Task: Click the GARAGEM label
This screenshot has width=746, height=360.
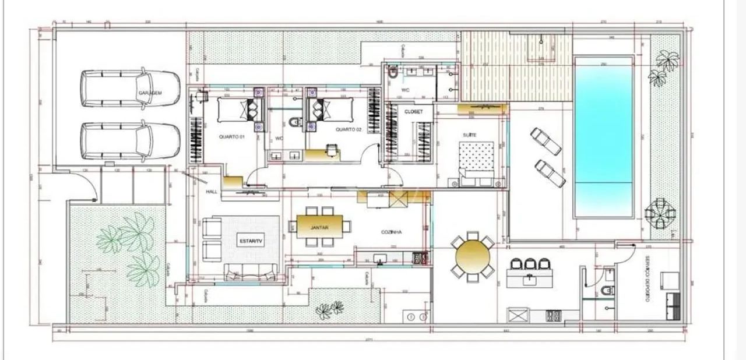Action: tap(150, 93)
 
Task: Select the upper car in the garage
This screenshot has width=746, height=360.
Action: tap(130, 89)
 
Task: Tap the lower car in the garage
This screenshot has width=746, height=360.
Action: tap(130, 141)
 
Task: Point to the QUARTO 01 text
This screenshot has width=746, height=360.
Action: tap(231, 137)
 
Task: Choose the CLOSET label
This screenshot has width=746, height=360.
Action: tap(413, 111)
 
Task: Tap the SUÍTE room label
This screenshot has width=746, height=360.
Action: tap(469, 135)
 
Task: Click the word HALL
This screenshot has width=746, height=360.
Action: tap(212, 192)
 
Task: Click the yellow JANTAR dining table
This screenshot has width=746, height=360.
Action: tap(319, 227)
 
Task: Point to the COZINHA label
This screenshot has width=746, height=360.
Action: tap(392, 231)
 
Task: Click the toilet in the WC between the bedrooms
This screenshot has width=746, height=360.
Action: tap(295, 122)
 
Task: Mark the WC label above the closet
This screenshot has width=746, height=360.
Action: tap(405, 90)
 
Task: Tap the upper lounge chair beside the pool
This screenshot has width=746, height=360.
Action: tap(546, 141)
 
